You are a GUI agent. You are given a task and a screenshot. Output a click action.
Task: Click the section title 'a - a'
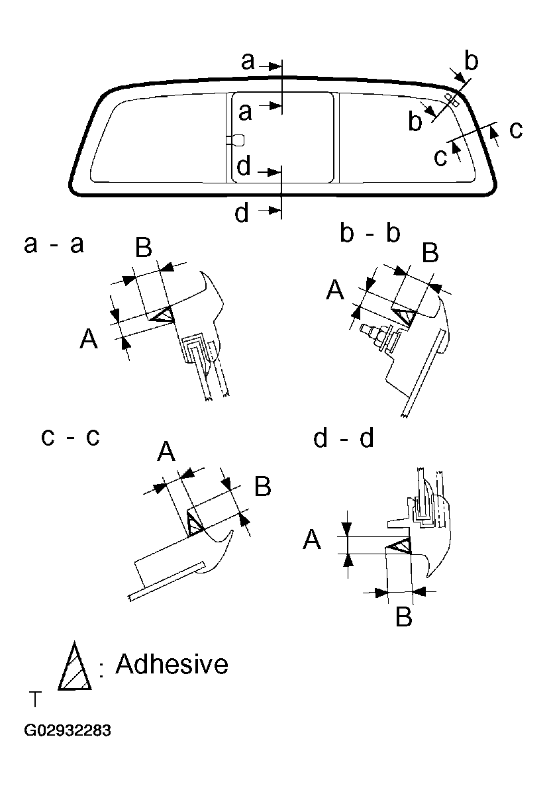(x=54, y=244)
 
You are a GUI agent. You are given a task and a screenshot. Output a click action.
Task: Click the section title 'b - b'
(x=370, y=234)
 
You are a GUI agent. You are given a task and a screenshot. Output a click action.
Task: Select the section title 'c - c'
(x=70, y=438)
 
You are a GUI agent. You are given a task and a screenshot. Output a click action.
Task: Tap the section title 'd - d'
(x=344, y=438)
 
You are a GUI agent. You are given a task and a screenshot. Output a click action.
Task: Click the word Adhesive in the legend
(x=172, y=663)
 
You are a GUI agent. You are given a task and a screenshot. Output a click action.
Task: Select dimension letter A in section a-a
(x=89, y=340)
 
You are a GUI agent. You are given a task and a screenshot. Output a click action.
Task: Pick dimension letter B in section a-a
(x=144, y=248)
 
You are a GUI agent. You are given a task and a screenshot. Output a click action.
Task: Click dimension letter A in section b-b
(x=336, y=290)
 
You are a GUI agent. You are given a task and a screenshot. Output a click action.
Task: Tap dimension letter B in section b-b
(x=430, y=253)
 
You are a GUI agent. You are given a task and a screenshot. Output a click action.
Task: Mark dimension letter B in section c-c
(x=262, y=487)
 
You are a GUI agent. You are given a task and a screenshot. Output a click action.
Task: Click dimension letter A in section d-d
(x=312, y=541)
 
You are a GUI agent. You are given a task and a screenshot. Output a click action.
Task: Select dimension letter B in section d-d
(x=403, y=617)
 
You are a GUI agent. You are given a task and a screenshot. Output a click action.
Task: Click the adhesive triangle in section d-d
(x=400, y=546)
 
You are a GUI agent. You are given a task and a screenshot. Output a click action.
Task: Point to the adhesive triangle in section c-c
(x=193, y=523)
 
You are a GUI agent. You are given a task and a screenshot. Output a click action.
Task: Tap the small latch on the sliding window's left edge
(x=236, y=139)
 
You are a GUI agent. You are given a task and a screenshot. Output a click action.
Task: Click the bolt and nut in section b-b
(x=373, y=332)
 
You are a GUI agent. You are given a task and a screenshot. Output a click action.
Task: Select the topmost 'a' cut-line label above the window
(x=248, y=62)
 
